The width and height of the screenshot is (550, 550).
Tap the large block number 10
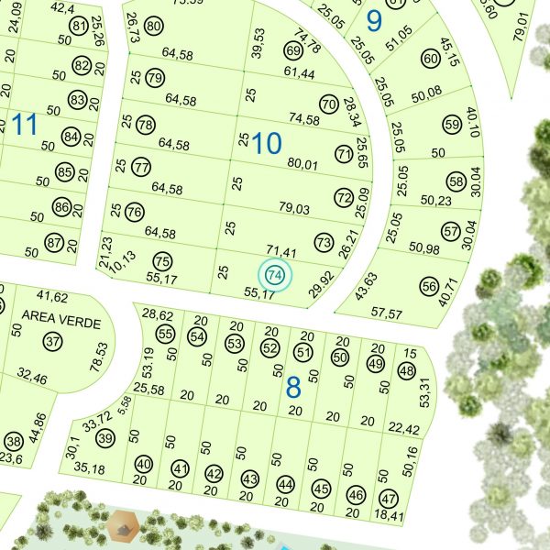(x=267, y=143)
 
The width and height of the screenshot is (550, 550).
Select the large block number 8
(x=293, y=388)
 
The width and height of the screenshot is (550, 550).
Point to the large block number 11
(x=24, y=125)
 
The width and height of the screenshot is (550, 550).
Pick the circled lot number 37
(x=51, y=342)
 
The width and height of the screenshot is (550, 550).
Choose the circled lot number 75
(x=163, y=260)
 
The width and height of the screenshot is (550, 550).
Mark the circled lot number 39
(x=105, y=438)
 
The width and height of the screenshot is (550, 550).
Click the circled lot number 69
(x=293, y=49)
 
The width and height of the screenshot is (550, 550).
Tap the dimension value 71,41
(x=282, y=250)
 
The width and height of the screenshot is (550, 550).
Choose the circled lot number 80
(x=154, y=26)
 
